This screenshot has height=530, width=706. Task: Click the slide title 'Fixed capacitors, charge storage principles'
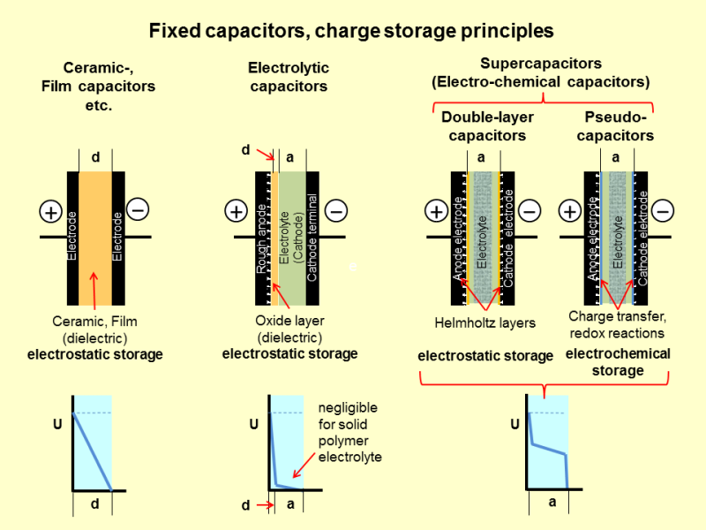(351, 31)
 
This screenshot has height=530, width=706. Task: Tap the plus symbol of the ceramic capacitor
(50, 212)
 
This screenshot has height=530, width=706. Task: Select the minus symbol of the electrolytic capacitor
(336, 212)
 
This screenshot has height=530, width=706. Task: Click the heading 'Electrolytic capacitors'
(289, 77)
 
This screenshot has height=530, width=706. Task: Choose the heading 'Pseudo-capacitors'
(618, 126)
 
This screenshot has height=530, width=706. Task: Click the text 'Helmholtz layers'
(485, 322)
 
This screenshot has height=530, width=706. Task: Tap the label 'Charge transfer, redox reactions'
(616, 324)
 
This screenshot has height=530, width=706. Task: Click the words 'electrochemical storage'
(617, 362)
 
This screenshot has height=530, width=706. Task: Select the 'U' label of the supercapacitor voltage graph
(514, 425)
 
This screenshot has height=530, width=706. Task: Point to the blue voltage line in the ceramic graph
(92, 450)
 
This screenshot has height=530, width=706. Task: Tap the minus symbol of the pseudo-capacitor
(664, 212)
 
